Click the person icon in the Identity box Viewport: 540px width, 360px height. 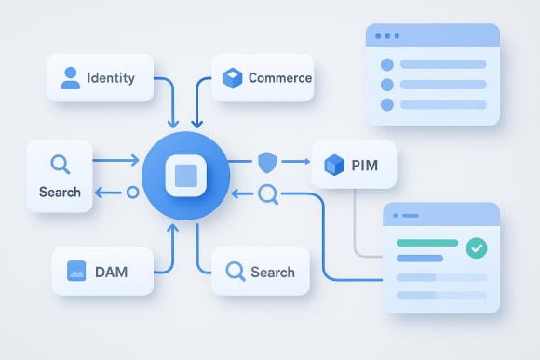pos(71,77)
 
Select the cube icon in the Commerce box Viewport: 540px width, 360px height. pos(232,78)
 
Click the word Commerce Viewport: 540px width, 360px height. pos(279,78)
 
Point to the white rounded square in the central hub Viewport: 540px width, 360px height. pos(186,176)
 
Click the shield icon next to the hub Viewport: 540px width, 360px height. pos(267,163)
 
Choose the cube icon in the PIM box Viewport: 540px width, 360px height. pos(333,167)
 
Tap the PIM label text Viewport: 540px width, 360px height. pos(366,167)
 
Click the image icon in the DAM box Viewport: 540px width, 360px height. pos(76,272)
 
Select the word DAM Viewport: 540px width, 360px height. pos(111,273)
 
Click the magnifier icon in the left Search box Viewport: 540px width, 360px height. pos(60,165)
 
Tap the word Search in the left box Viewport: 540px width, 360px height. pos(60,193)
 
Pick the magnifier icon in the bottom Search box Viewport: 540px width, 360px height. pos(236,272)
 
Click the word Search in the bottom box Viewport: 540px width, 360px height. pos(273,273)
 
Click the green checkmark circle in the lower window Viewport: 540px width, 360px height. pos(477,247)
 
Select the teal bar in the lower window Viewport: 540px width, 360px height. pos(427,244)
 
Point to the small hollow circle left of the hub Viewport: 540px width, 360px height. pos(131,193)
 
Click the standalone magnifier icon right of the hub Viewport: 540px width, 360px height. pos(268,193)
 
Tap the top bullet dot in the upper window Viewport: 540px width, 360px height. pos(387,65)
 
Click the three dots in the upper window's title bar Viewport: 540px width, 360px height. pos(385,38)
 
